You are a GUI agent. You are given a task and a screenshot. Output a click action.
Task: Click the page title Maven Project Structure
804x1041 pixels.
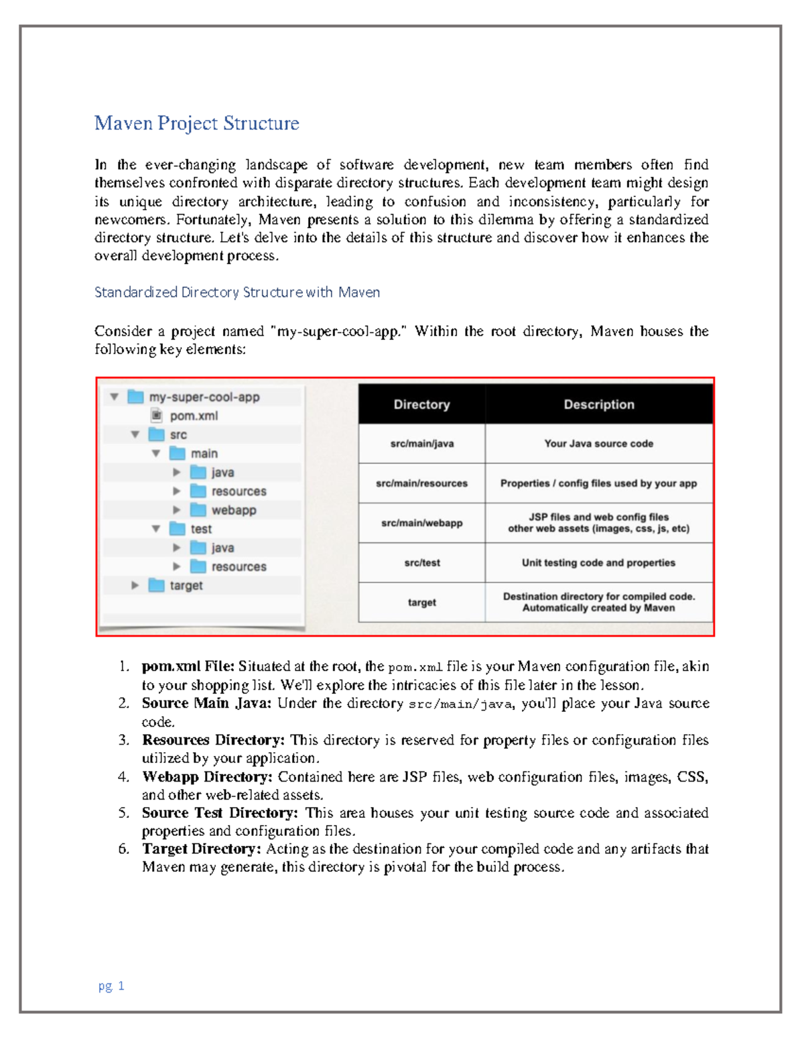click(x=196, y=123)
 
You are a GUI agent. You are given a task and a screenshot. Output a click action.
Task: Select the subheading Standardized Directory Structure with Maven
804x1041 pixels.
click(x=237, y=292)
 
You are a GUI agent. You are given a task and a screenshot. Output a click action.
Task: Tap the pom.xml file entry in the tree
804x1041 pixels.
click(x=193, y=416)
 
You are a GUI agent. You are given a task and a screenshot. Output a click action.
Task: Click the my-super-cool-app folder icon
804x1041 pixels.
click(x=136, y=397)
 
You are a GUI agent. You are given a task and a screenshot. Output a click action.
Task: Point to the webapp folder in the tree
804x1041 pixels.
click(x=232, y=510)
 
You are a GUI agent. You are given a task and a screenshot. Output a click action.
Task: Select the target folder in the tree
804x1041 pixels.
click(x=185, y=585)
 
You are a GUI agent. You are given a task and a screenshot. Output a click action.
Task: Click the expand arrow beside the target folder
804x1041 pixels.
click(x=135, y=585)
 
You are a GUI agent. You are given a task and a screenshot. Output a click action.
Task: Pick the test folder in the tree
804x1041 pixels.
click(x=200, y=529)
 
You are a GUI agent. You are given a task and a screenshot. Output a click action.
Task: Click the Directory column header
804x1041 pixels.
click(x=421, y=404)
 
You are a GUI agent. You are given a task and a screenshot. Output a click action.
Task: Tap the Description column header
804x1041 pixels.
click(x=598, y=404)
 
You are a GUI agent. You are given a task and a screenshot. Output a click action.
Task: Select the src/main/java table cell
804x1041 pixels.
click(x=421, y=444)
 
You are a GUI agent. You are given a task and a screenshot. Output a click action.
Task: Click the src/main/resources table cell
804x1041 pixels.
click(x=421, y=483)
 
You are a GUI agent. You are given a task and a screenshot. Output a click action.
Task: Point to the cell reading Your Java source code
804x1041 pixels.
click(x=598, y=444)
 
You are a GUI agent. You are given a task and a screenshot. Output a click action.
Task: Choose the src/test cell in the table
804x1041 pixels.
click(x=421, y=563)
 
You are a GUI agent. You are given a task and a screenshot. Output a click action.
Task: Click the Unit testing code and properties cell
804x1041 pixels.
click(x=598, y=563)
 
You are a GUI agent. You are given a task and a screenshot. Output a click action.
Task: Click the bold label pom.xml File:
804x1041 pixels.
click(x=188, y=666)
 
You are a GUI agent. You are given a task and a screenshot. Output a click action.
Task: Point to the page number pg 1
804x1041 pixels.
click(x=111, y=985)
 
